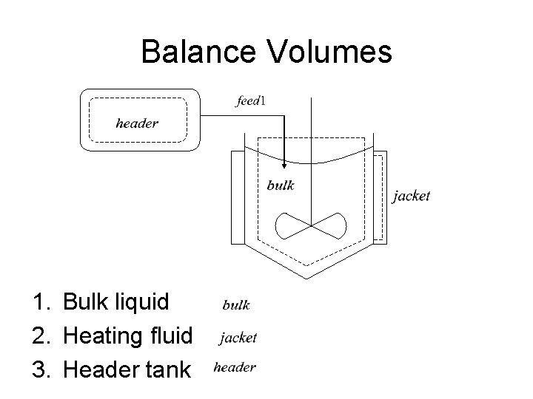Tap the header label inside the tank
(x=137, y=123)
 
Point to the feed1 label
(x=252, y=101)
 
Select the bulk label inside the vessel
(x=281, y=185)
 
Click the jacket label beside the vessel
(x=411, y=196)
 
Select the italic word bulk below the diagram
(x=236, y=304)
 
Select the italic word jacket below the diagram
(x=238, y=338)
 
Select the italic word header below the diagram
(x=235, y=366)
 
